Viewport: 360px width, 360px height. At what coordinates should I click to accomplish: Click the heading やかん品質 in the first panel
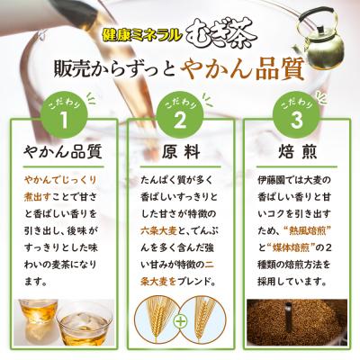point(63,151)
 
